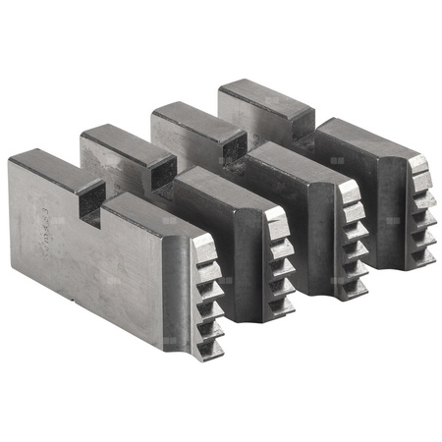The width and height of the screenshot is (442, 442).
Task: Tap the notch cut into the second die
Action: (159, 177)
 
